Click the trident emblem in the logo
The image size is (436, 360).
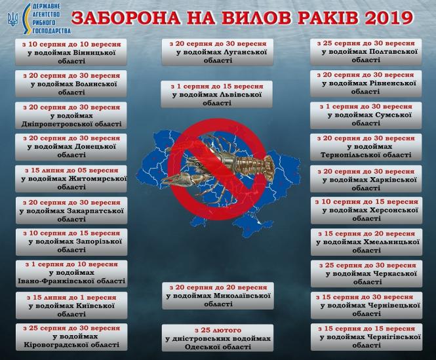click(10, 20)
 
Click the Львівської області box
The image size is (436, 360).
click(218, 94)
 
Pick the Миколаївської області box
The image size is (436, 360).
click(218, 296)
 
